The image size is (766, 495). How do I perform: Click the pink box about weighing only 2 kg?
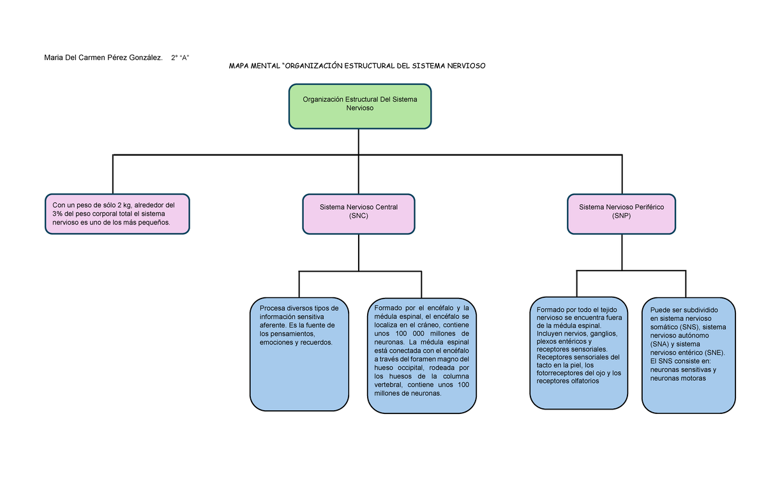(x=117, y=214)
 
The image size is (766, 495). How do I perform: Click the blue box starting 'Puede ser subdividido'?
(x=689, y=355)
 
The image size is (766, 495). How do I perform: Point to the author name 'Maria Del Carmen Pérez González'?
(x=101, y=58)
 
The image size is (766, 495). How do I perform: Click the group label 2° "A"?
(x=180, y=58)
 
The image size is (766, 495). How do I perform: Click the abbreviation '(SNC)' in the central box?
(x=359, y=216)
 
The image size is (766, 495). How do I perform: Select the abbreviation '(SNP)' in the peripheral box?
(x=621, y=216)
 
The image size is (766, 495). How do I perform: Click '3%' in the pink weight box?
(x=59, y=213)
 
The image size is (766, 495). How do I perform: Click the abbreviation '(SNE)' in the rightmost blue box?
(x=712, y=352)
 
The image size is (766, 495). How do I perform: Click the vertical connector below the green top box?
(x=359, y=141)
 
